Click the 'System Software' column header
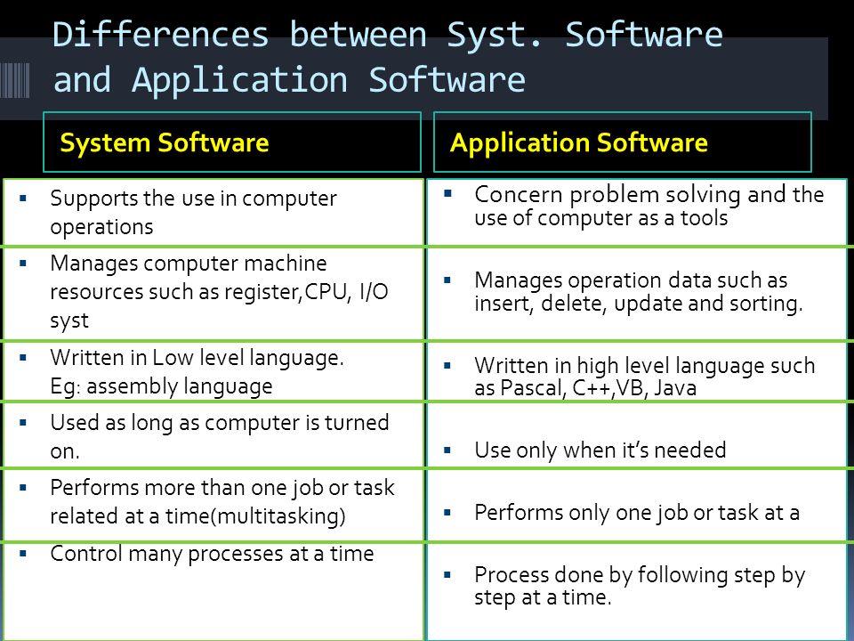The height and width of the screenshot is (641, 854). (164, 142)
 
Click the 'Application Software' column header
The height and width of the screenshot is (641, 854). (579, 142)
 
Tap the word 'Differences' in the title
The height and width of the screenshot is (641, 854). (161, 35)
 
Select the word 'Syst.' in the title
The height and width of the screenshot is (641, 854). (495, 36)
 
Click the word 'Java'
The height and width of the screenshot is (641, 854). (675, 388)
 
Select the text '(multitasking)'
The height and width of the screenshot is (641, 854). (278, 515)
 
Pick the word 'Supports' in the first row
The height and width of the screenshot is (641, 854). (86, 199)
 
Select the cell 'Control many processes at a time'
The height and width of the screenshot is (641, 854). (213, 592)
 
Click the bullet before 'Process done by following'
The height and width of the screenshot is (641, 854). (447, 574)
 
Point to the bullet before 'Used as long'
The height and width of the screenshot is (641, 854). (23, 422)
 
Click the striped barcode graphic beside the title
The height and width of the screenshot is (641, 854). (15, 80)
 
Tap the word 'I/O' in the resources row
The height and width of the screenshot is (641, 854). (375, 292)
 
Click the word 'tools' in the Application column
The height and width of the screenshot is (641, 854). (705, 218)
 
